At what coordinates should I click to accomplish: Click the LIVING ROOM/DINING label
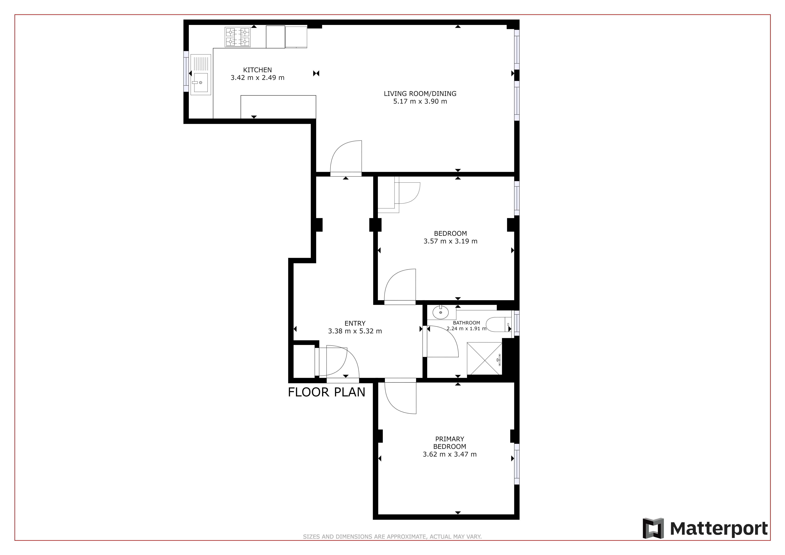pos(420,93)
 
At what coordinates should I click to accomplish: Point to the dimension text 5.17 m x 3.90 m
pos(420,101)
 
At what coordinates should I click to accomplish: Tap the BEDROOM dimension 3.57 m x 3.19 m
pos(450,241)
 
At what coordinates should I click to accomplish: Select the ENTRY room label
pos(355,323)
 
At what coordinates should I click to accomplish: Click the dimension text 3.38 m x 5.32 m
pos(355,331)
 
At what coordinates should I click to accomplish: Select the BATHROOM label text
pos(466,323)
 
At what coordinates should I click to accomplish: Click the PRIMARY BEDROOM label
pos(450,443)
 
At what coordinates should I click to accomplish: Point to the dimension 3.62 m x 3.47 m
pos(450,454)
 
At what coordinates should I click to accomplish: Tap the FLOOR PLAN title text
pos(326,392)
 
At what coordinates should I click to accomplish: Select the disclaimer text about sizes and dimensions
pos(392,537)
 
